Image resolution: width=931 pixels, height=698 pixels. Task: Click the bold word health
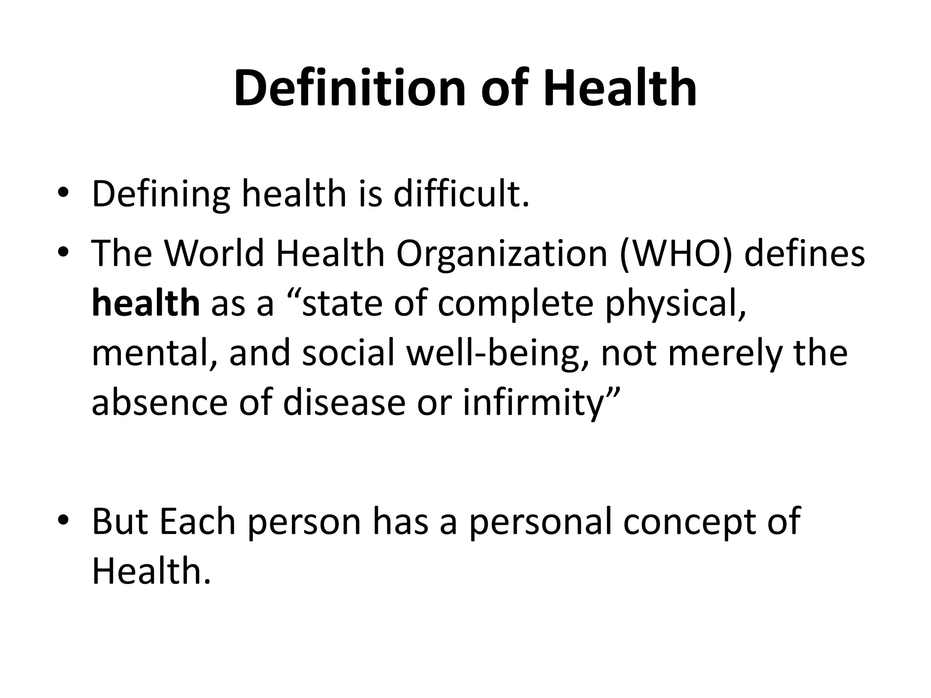145,304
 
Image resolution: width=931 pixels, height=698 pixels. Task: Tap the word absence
160,403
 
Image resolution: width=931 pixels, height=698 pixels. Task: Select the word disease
344,403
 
